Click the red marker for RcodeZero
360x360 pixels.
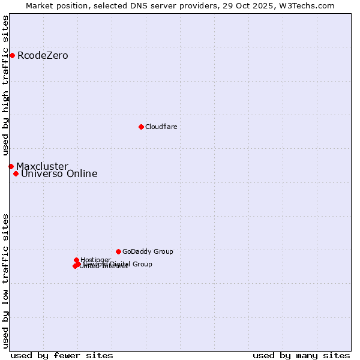coord(12,56)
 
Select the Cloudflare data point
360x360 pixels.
coord(141,127)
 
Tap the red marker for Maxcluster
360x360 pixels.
coord(11,166)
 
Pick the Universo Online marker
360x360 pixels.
coord(16,174)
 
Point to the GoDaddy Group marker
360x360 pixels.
coord(118,251)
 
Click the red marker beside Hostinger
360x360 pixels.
coord(76,260)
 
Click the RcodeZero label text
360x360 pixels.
coord(43,56)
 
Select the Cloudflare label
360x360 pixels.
coord(161,127)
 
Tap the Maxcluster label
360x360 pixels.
coord(42,166)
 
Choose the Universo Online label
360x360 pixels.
coord(59,174)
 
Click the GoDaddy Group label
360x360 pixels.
coord(148,251)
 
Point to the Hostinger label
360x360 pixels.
coord(95,260)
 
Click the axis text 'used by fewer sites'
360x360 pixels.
coord(62,355)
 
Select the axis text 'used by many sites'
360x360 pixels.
coord(301,355)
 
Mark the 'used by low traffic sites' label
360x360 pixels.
coord(6,280)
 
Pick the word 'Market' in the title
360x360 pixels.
coord(40,5)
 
